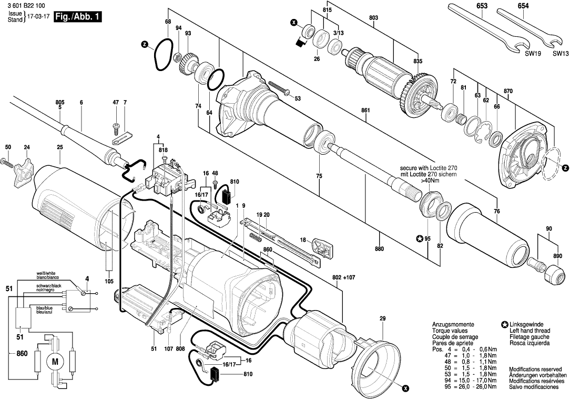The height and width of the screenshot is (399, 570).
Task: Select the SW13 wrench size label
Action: coord(560,54)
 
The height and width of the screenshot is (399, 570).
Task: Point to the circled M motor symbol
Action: coord(54,361)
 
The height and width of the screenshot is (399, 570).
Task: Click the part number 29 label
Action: coord(382,318)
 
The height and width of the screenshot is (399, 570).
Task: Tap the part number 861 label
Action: coord(365,110)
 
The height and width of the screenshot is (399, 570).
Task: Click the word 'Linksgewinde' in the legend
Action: coord(530,324)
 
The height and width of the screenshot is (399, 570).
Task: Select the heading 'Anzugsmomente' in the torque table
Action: coord(453,324)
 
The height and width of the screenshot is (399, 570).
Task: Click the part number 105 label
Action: coord(109,281)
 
